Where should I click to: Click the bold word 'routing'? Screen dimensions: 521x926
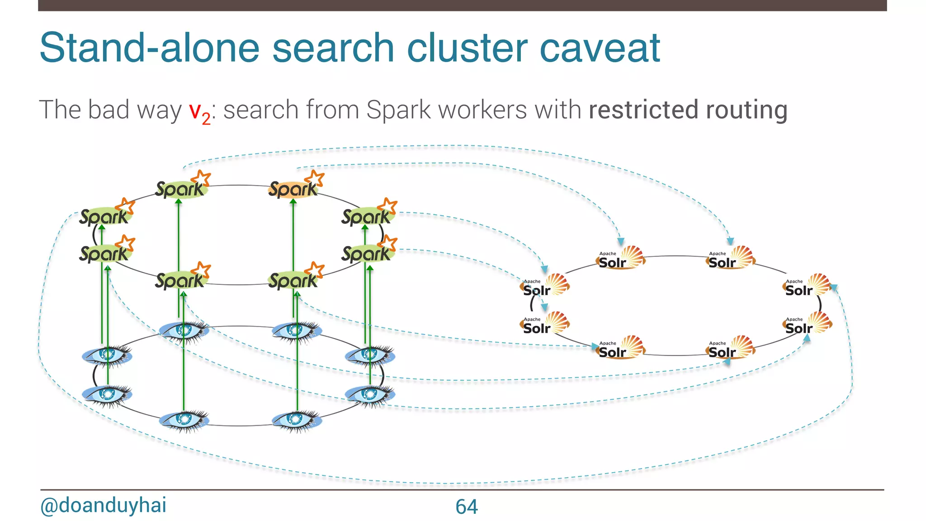tap(746, 110)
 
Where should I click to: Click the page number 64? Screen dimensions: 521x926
tap(466, 507)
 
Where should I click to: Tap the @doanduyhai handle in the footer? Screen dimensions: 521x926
tap(103, 505)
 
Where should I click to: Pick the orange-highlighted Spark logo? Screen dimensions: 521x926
tap(293, 189)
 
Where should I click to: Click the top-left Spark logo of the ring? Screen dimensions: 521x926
tap(181, 189)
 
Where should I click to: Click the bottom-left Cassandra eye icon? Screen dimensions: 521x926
tap(184, 420)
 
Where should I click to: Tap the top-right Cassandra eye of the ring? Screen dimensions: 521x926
tap(296, 330)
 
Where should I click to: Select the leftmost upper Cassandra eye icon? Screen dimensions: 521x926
tap(107, 355)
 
